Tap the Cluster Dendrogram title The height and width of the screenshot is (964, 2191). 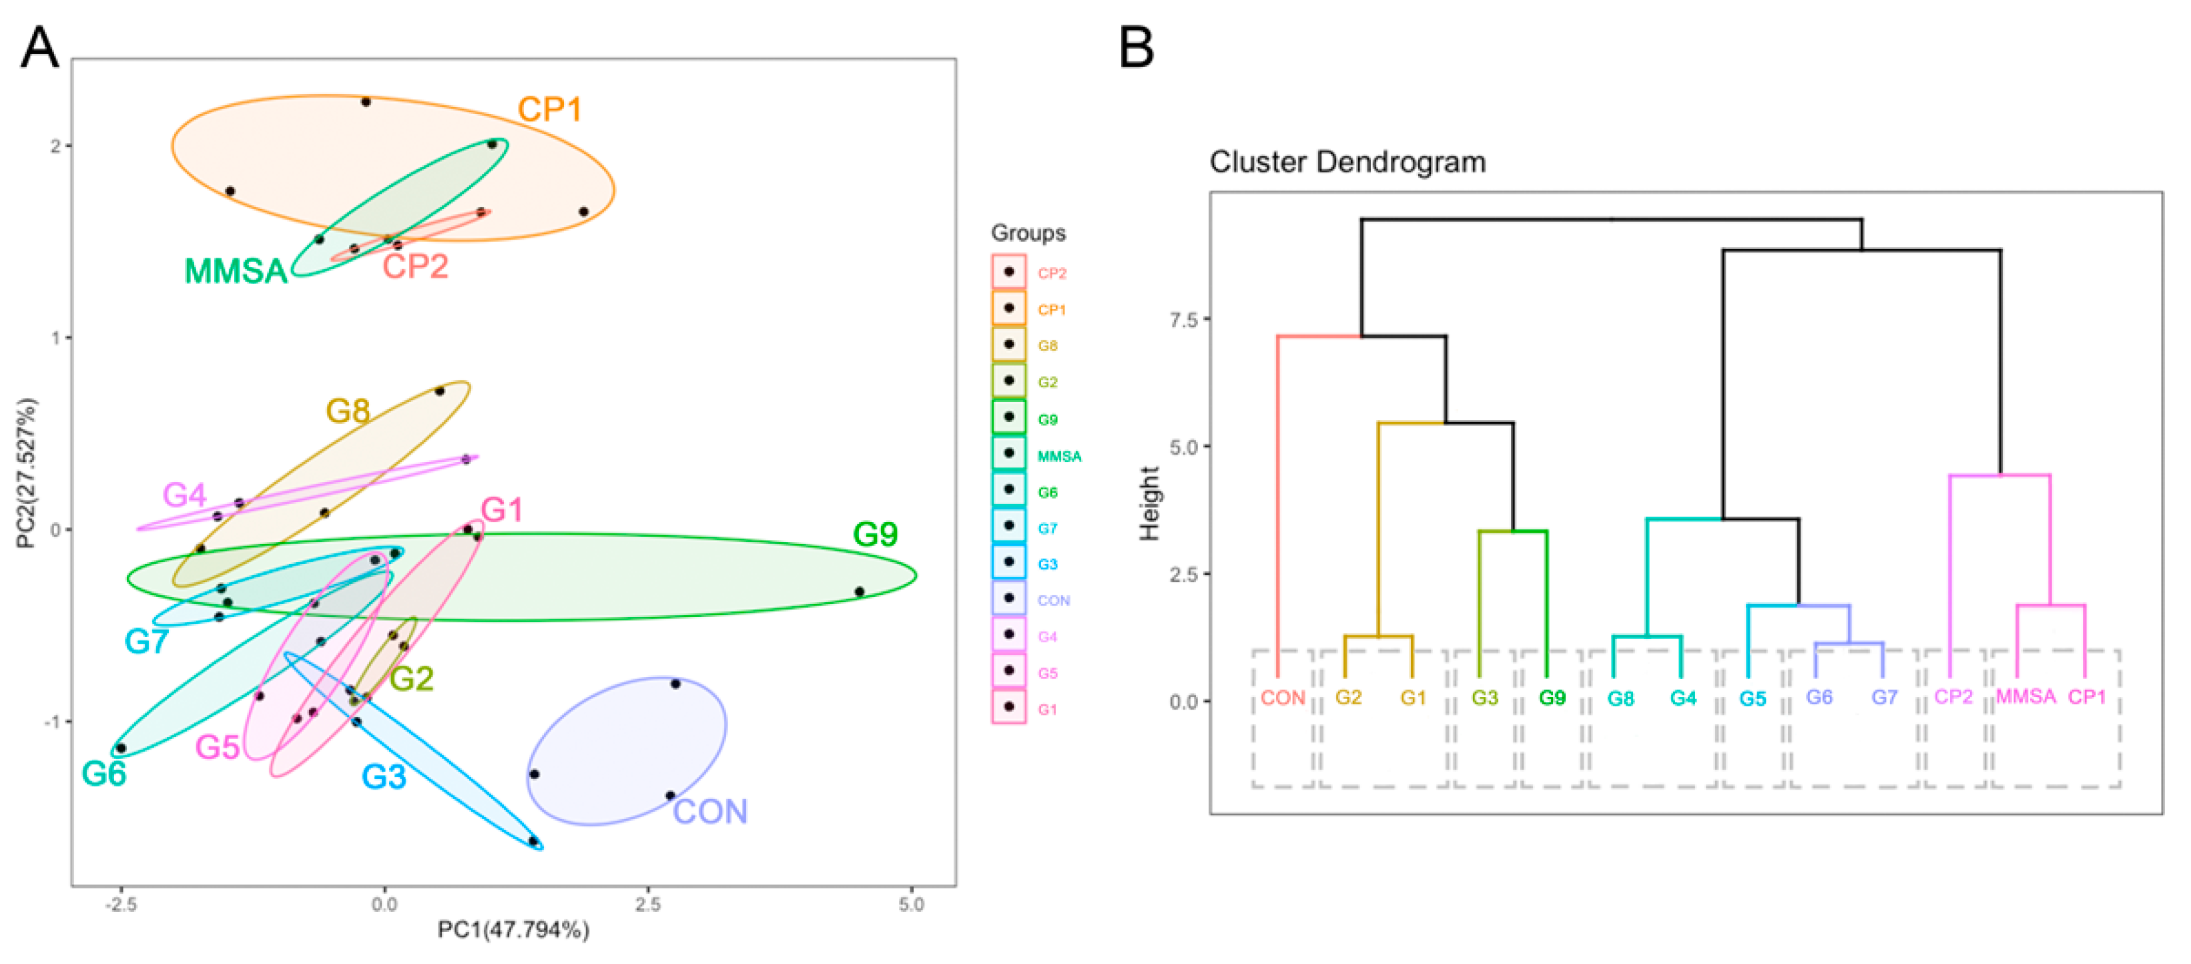[x=1347, y=162]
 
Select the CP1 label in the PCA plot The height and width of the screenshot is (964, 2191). [x=549, y=109]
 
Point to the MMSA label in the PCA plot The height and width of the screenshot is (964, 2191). [x=236, y=272]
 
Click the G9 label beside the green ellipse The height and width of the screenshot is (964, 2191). [x=875, y=534]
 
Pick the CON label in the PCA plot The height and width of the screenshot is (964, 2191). [x=710, y=812]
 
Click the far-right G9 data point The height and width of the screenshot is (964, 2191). [x=859, y=591]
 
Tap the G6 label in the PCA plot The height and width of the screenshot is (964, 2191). [x=103, y=774]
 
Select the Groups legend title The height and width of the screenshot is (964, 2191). [x=1028, y=233]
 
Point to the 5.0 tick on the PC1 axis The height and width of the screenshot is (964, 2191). [x=911, y=905]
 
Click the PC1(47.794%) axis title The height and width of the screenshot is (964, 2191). [x=513, y=930]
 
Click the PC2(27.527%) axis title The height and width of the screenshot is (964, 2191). [x=27, y=473]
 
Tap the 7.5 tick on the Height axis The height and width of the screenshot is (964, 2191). [x=1183, y=320]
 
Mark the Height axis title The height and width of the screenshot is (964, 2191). [x=1149, y=503]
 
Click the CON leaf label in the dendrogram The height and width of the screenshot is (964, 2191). [x=1283, y=698]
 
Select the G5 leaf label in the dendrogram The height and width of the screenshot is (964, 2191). [x=1752, y=698]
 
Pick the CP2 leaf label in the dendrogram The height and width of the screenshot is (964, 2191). [x=1953, y=697]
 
